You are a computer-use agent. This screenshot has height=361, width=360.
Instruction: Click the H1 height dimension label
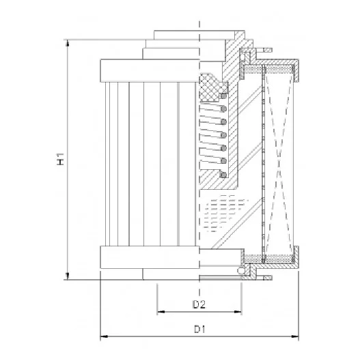(x=60, y=159)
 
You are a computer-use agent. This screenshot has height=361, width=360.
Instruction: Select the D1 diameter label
(x=199, y=329)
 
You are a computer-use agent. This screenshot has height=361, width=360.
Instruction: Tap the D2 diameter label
(x=199, y=304)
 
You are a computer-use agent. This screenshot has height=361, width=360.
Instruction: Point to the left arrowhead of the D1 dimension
(x=104, y=336)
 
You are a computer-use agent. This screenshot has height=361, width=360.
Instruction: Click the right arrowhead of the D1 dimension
(x=295, y=336)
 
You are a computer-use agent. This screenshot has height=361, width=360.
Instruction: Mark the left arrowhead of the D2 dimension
(x=161, y=312)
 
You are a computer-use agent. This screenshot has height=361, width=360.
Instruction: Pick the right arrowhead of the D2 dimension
(x=238, y=312)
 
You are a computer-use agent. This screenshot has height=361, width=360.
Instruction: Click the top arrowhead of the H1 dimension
(x=68, y=43)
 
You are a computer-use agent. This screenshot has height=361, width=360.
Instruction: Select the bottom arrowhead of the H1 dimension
(x=68, y=276)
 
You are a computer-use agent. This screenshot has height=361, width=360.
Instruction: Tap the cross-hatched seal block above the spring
(x=209, y=87)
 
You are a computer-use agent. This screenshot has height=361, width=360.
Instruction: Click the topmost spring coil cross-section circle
(x=223, y=96)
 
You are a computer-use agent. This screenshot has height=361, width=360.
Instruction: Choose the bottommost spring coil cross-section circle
(x=223, y=175)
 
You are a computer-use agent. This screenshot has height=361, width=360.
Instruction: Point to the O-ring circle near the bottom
(x=241, y=271)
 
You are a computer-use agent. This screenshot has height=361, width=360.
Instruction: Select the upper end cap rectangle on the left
(x=150, y=71)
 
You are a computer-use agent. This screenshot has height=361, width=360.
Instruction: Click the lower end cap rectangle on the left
(x=150, y=257)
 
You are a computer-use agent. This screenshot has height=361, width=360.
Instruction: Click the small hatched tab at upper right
(x=268, y=50)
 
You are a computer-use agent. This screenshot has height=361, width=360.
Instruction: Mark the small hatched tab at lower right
(x=268, y=278)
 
